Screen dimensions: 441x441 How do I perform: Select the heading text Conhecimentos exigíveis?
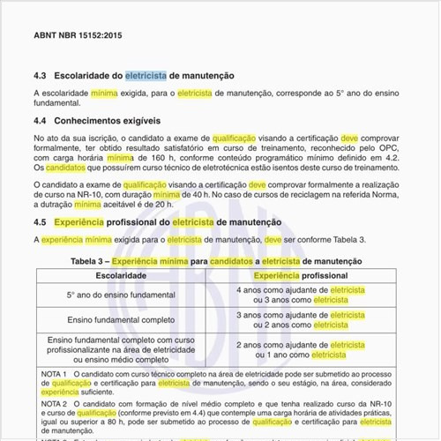click(x=108, y=120)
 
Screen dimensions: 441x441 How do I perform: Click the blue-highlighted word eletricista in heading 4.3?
click(x=146, y=77)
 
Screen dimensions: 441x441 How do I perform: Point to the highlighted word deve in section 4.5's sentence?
click(x=273, y=239)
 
